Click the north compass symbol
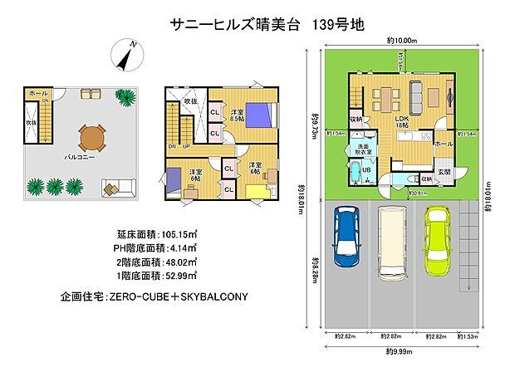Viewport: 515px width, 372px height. [x=126, y=55]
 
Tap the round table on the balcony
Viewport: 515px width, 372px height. [x=92, y=136]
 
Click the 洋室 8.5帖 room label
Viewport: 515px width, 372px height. [x=238, y=115]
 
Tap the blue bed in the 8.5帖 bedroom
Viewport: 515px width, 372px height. [x=256, y=113]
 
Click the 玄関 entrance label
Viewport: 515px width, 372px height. [x=444, y=172]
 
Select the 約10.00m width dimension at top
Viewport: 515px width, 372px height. [x=401, y=40]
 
